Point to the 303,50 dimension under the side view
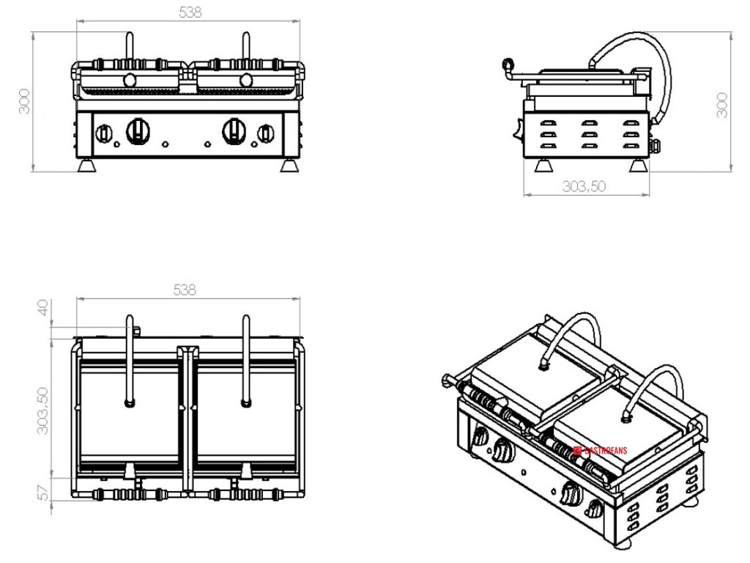(584, 186)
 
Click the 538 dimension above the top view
(184, 290)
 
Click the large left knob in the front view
(137, 131)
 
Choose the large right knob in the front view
(234, 130)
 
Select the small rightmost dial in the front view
(265, 133)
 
